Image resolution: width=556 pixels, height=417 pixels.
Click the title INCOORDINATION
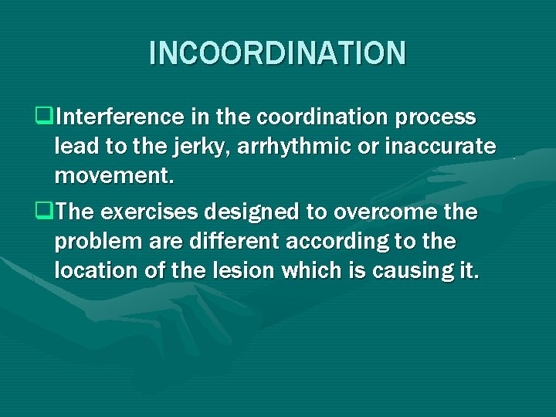(277, 53)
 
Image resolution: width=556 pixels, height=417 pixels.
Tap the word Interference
(117, 117)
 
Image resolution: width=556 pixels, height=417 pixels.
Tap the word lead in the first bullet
(74, 147)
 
